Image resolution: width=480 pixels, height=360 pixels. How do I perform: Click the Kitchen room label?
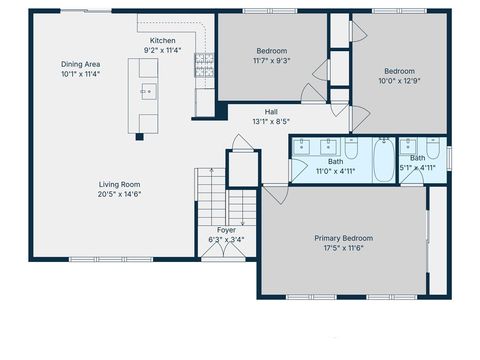coord(162,40)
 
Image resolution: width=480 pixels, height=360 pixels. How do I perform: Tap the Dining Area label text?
coord(81,63)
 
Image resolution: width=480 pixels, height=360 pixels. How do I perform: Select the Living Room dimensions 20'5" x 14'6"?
coord(119,195)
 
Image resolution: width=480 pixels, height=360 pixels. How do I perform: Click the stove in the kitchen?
coord(204,67)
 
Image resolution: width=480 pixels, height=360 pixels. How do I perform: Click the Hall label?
coord(271,112)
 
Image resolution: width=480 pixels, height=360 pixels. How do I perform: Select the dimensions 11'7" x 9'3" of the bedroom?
coord(271,61)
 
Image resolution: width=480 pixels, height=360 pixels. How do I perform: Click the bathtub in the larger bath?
coord(384,160)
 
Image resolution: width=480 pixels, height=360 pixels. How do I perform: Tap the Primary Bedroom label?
coord(343,238)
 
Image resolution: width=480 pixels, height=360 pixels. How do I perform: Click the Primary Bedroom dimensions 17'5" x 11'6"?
coord(343,249)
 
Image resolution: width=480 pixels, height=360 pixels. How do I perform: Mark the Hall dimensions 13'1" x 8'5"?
coord(271,123)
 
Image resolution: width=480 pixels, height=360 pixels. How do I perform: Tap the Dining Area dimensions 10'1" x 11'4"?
coord(81,74)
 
